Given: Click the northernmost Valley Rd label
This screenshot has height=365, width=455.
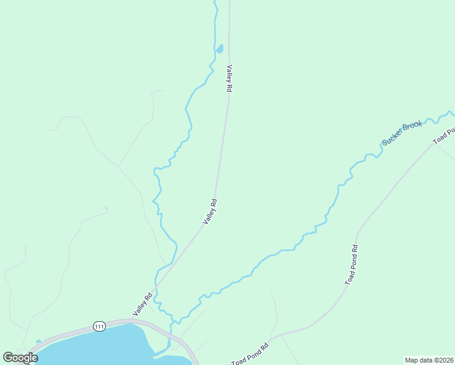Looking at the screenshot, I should [x=229, y=78].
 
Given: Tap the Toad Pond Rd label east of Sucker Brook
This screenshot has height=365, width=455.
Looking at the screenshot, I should [x=352, y=265].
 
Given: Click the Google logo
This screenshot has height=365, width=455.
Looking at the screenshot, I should [x=20, y=358].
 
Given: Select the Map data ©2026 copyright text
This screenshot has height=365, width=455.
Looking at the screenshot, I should [x=429, y=360].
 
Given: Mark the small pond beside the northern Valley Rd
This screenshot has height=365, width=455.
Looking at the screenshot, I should [x=220, y=48].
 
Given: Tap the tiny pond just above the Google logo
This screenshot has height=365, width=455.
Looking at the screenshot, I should [x=38, y=342].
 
